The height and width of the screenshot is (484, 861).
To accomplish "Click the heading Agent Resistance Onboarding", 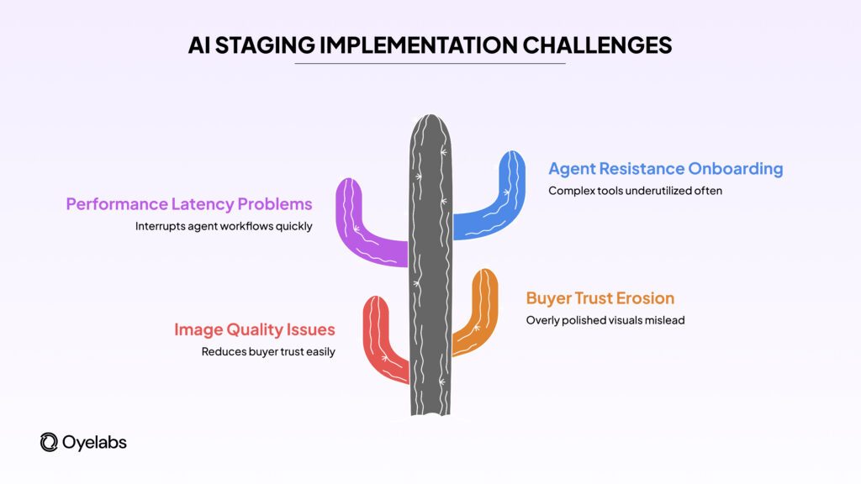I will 665,169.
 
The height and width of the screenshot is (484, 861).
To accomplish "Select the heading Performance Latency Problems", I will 189,204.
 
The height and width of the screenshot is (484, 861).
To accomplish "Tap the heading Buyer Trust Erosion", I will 600,298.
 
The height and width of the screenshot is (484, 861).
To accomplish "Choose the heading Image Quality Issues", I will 255,330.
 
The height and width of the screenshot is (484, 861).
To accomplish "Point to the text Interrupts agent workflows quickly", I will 224,226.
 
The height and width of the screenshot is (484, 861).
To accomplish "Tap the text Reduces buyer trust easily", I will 268,352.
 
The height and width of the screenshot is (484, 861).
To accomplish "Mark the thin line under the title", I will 430,64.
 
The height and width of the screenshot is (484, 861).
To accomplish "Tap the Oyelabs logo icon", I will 49,442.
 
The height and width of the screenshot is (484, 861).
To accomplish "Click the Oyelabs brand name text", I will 94,442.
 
